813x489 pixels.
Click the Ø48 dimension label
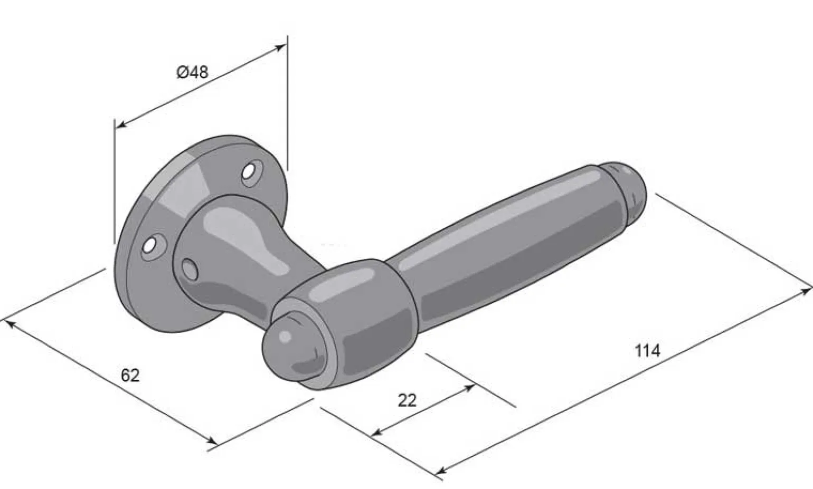[x=192, y=72]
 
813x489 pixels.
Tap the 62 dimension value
[x=130, y=375]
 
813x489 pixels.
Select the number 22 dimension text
[x=407, y=400]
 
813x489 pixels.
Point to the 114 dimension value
[x=647, y=351]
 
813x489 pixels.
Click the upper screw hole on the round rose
[x=251, y=172]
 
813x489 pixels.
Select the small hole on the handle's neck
[x=190, y=270]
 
